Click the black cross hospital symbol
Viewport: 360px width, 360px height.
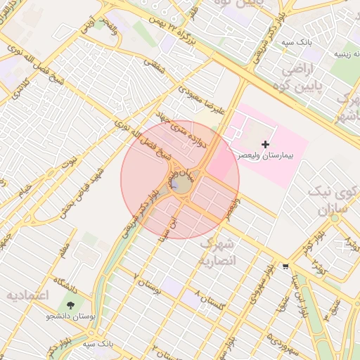point(264,144)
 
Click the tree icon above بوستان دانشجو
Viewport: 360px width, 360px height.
point(70,305)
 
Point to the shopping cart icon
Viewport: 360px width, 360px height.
point(285,266)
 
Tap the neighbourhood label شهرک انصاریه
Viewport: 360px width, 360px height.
point(221,252)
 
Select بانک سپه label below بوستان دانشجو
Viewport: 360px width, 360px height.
point(98,344)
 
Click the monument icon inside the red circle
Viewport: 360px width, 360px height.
point(174,184)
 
